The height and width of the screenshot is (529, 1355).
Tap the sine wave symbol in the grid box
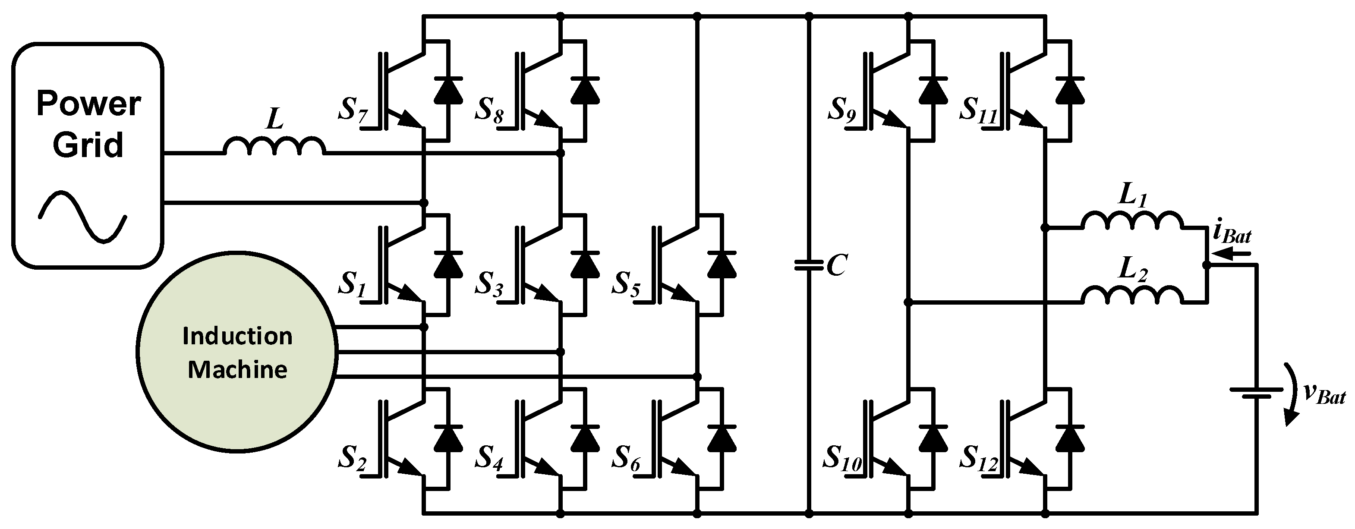point(82,217)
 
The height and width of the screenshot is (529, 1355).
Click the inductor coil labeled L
point(274,146)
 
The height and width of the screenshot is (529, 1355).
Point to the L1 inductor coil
point(1131,221)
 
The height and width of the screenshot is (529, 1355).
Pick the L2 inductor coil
point(1131,295)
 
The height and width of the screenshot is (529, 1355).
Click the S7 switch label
point(353,110)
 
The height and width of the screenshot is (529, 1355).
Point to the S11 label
point(978,110)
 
